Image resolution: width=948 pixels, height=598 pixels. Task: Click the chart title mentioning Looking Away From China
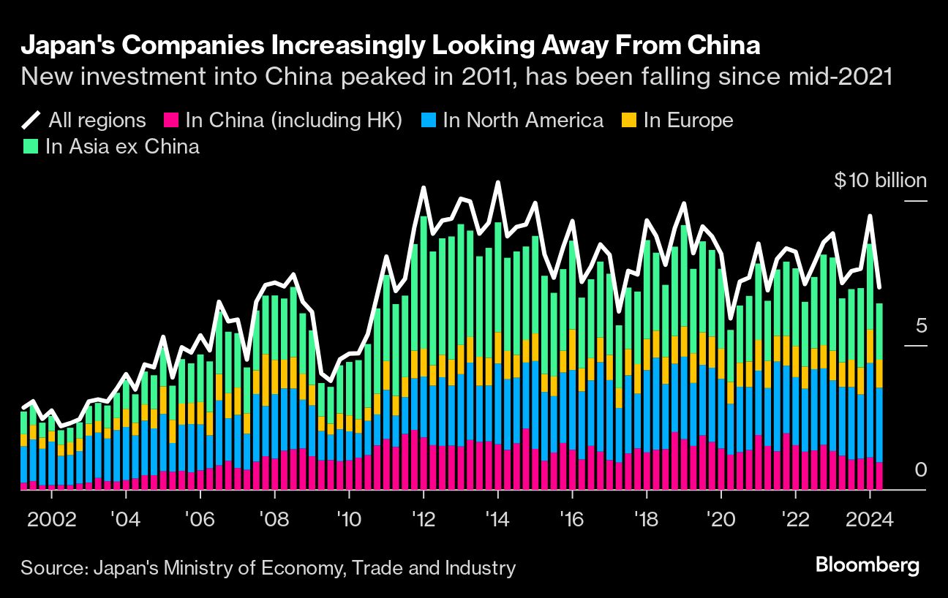[x=391, y=46]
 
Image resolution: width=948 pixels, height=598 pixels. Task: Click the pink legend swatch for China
[x=173, y=120]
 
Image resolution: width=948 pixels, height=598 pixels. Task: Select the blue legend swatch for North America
[x=430, y=120]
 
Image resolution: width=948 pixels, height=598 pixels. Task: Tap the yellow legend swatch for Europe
[x=630, y=120]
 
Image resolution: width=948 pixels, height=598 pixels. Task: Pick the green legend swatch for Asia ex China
[x=31, y=145]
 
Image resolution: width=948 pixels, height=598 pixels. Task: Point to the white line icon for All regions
[x=31, y=120]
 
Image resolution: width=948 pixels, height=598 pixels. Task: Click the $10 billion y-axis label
[x=880, y=181]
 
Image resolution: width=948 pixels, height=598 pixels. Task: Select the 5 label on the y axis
[x=920, y=325]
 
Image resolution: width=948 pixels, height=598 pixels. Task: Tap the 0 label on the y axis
[x=920, y=470]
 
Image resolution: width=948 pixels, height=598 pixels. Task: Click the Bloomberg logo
[x=867, y=566]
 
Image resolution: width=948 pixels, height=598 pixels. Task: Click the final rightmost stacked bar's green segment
[x=879, y=331]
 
